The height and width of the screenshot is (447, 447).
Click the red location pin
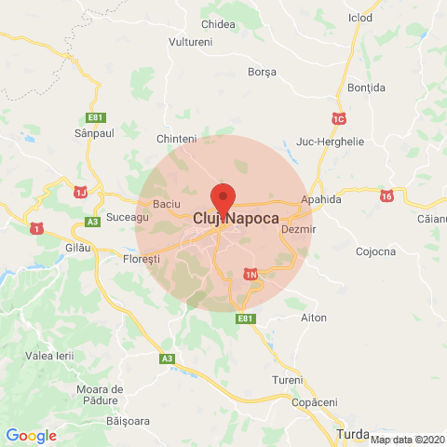pos(223,198)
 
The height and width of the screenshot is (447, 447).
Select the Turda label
pos(352,434)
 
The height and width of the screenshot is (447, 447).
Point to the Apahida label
pos(321,199)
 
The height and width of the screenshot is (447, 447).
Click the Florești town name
pos(142,258)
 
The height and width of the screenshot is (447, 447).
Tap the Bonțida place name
pos(365,87)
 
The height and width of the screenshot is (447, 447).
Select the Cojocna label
pos(376,251)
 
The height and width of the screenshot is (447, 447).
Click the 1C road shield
pos(338,118)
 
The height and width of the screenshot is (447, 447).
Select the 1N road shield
pos(251,275)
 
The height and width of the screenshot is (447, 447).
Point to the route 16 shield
pos(386,196)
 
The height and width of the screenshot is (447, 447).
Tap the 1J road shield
pos(80,192)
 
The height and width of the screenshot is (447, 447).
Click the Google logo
pos(31,435)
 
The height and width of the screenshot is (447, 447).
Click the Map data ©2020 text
pos(408,440)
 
